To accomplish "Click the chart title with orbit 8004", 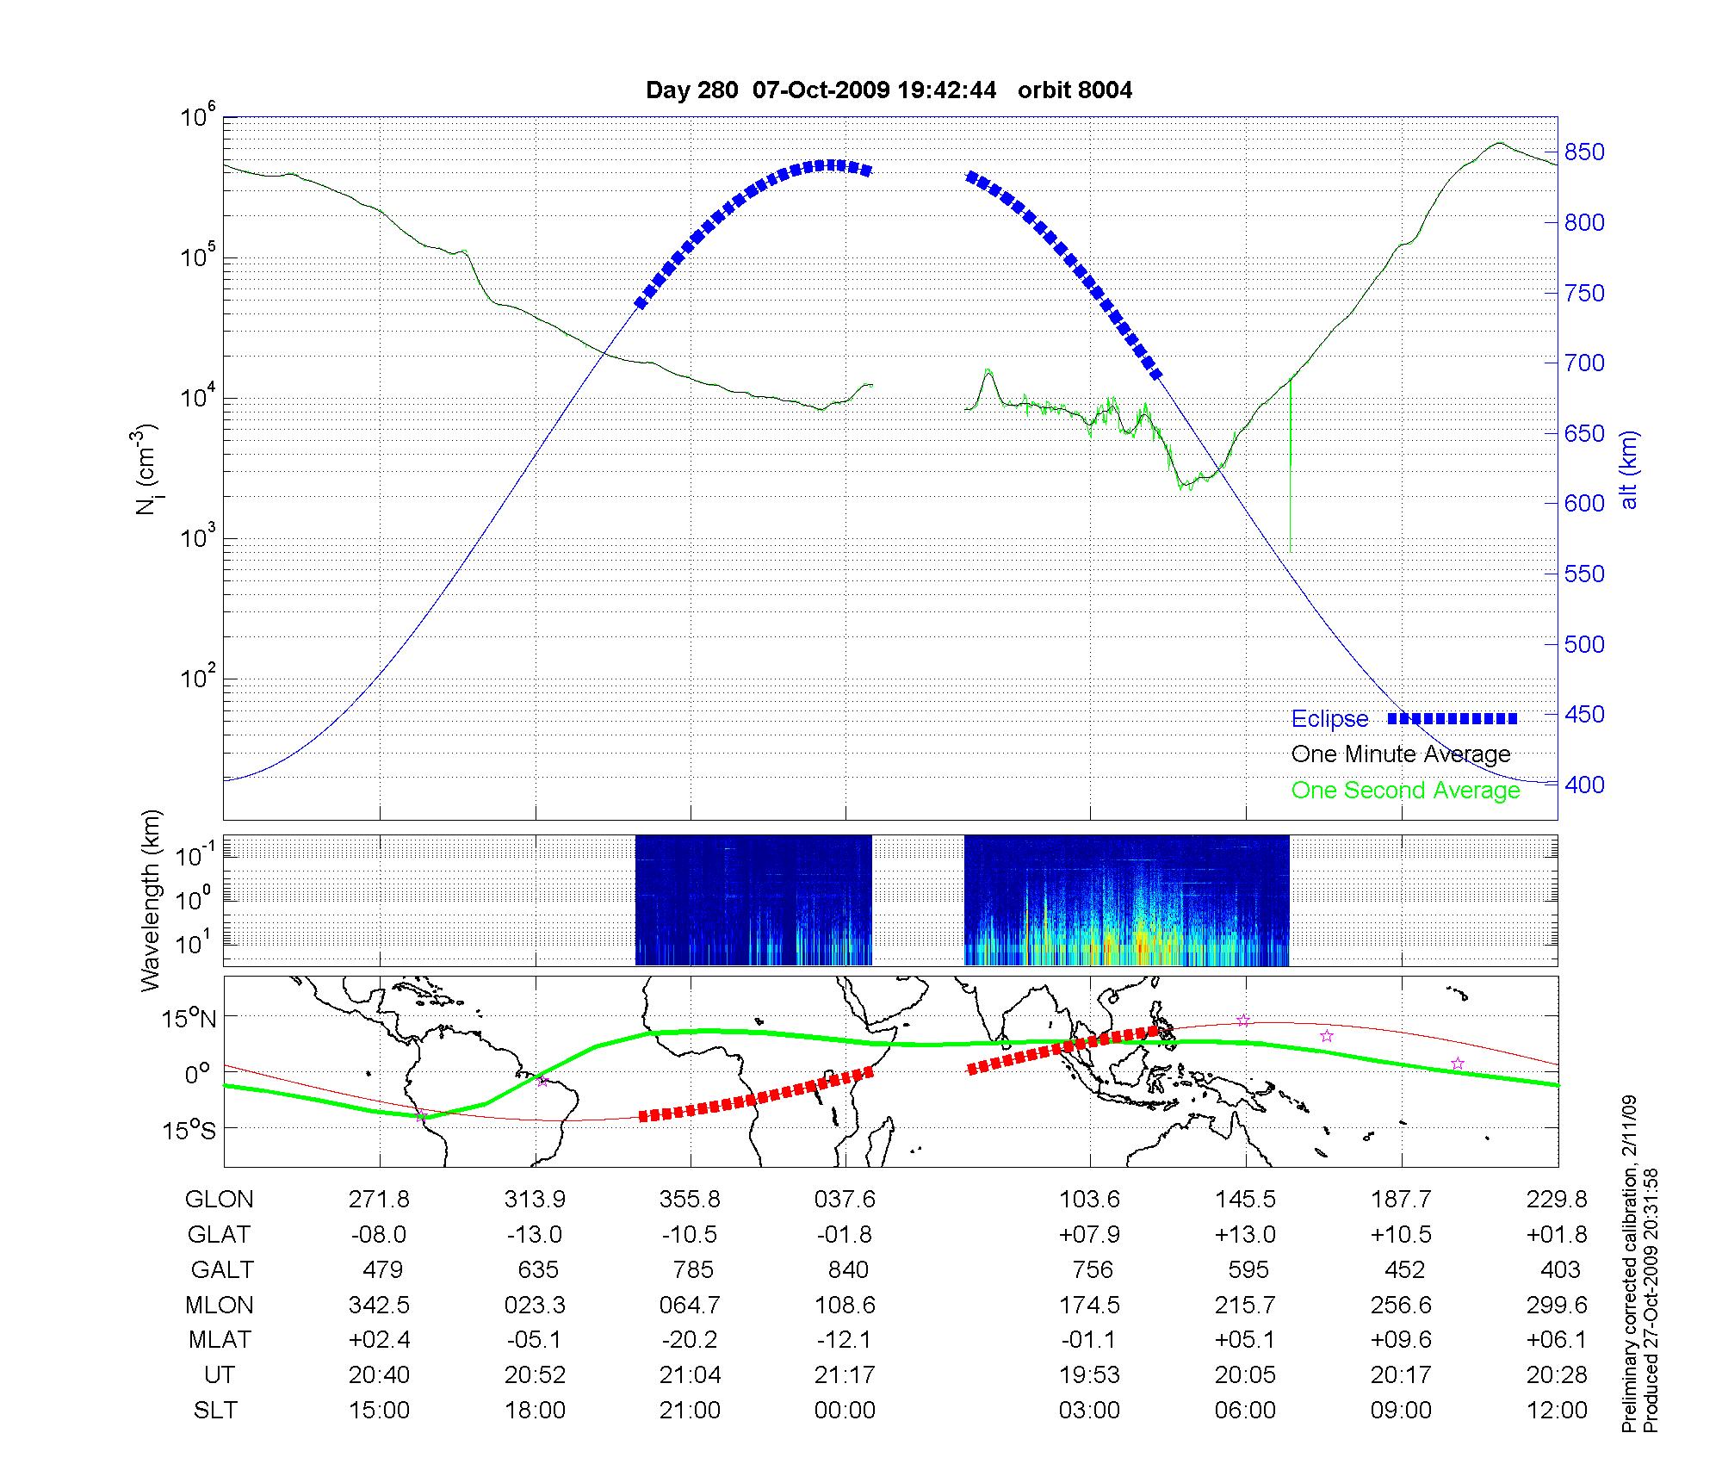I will click(889, 90).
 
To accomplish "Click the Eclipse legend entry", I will click(1329, 719).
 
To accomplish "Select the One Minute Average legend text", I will click(1401, 754).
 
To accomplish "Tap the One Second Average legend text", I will click(1405, 791).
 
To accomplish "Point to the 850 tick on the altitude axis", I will click(1584, 152).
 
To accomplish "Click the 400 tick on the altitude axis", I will click(1584, 785).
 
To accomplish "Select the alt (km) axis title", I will click(1629, 469).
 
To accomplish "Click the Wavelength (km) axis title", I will click(151, 900).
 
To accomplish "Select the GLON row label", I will click(220, 1200).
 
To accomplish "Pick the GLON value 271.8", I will click(379, 1200).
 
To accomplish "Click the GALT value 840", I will click(846, 1270).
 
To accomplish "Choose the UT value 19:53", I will click(1089, 1375).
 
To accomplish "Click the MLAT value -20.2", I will click(690, 1340).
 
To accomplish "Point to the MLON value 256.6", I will click(1401, 1306).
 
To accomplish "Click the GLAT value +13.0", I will click(1245, 1235).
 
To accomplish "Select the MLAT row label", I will click(220, 1340).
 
